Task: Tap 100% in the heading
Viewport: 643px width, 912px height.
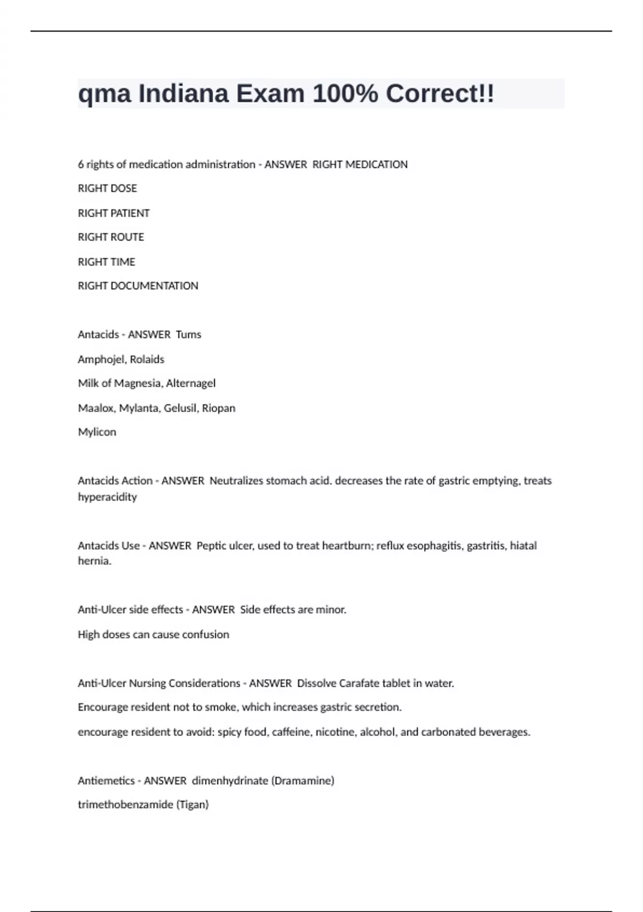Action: tap(345, 94)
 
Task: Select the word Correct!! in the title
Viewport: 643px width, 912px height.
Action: tap(440, 94)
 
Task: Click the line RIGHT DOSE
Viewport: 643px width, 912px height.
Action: tap(107, 188)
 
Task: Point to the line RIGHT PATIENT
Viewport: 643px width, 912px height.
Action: tap(114, 213)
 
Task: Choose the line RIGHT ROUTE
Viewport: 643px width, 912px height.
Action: tap(111, 237)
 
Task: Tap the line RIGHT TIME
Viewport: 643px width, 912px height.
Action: tap(107, 262)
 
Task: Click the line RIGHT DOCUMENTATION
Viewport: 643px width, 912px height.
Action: tap(138, 286)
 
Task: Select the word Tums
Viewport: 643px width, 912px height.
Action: tap(189, 335)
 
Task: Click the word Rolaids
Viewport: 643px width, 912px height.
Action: tap(147, 359)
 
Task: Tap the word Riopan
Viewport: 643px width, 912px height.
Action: tap(219, 408)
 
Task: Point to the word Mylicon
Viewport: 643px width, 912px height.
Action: tap(97, 432)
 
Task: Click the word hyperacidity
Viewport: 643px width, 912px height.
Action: tap(107, 497)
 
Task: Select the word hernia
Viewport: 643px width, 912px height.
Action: tap(94, 561)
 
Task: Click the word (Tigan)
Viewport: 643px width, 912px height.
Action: tap(192, 805)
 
